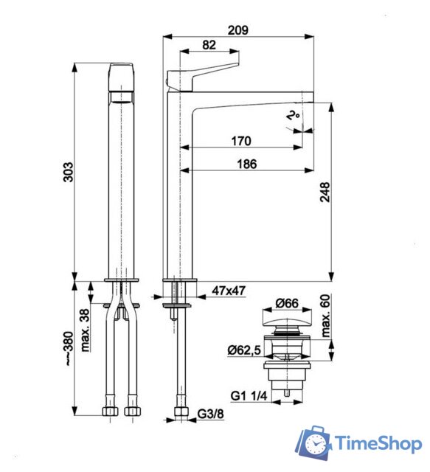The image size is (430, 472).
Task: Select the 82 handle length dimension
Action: tap(209, 45)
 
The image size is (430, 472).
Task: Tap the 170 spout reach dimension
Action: tap(240, 141)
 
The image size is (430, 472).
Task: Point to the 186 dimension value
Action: tap(246, 164)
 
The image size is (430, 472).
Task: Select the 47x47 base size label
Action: tap(228, 291)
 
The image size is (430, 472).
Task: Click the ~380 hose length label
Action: tap(68, 347)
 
